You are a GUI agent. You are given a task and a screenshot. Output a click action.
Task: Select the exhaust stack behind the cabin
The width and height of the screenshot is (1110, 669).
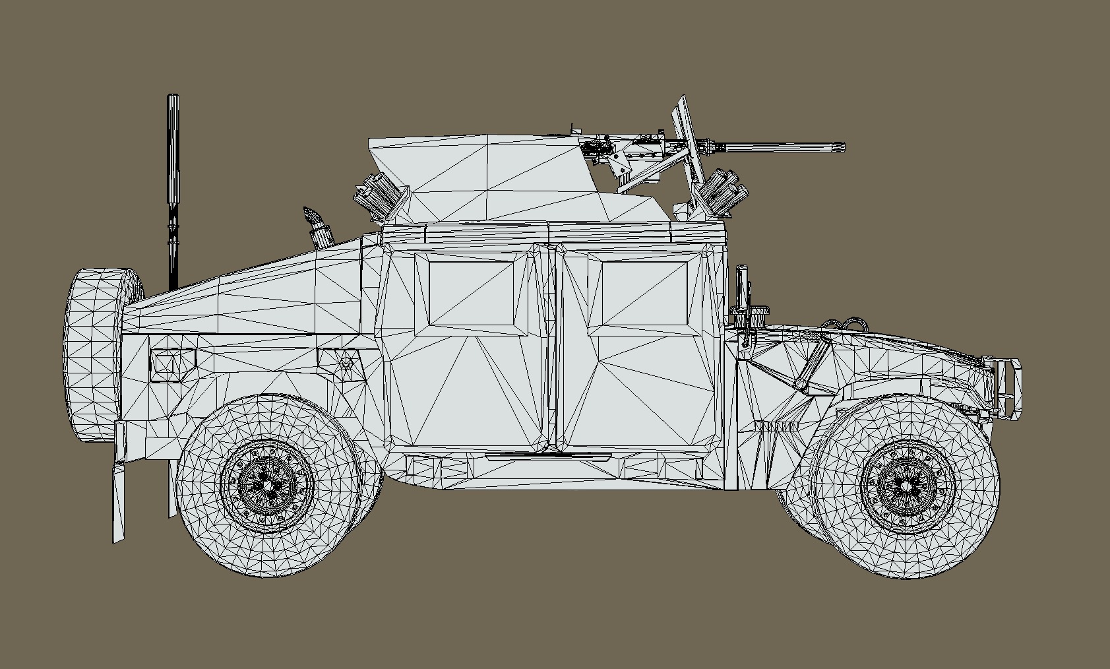[x=317, y=228]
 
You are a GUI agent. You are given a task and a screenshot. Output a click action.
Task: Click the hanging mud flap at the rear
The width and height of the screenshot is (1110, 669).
[x=119, y=501]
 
